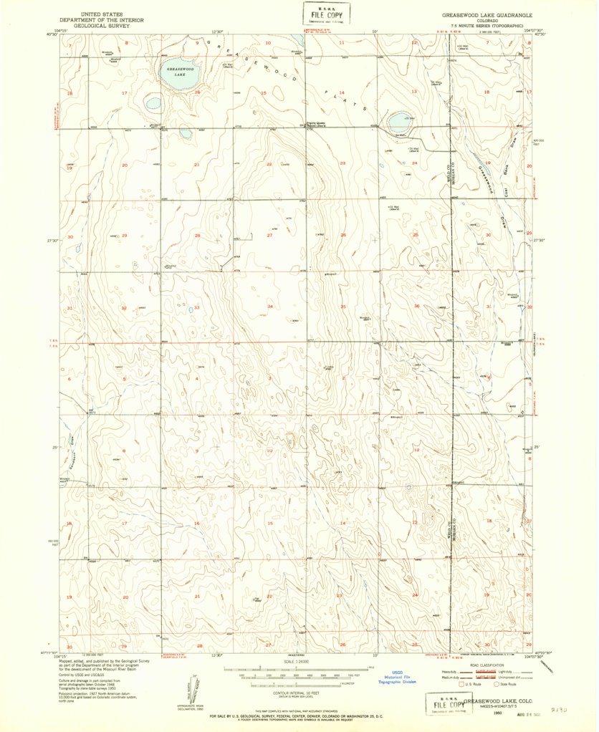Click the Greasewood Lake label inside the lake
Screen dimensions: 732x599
(176, 71)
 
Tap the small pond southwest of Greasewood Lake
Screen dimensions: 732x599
(153, 104)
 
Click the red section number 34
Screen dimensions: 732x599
(269, 307)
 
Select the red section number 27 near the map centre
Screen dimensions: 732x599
(269, 235)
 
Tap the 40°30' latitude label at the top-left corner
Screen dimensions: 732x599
(50, 33)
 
